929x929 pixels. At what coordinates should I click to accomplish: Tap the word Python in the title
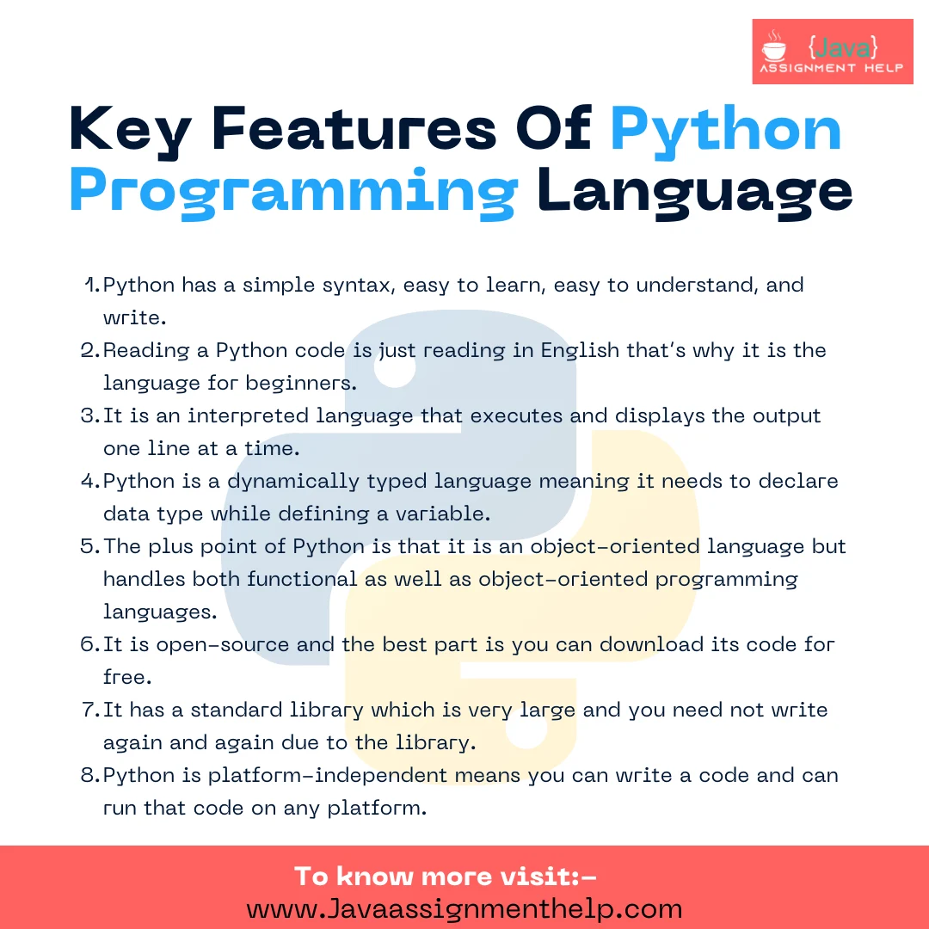pyautogui.click(x=726, y=129)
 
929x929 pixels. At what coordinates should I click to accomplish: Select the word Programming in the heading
pyautogui.click(x=292, y=190)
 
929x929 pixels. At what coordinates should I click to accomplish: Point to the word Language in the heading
pyautogui.click(x=694, y=190)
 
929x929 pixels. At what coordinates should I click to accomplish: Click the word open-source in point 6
pyautogui.click(x=211, y=645)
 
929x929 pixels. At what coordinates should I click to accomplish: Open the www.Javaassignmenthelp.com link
pyautogui.click(x=464, y=908)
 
